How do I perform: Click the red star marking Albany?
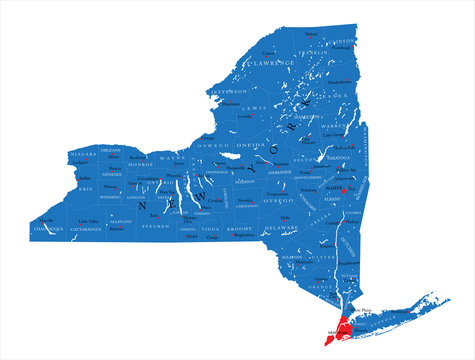tap(345, 189)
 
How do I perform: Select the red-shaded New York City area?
tap(342, 327)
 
